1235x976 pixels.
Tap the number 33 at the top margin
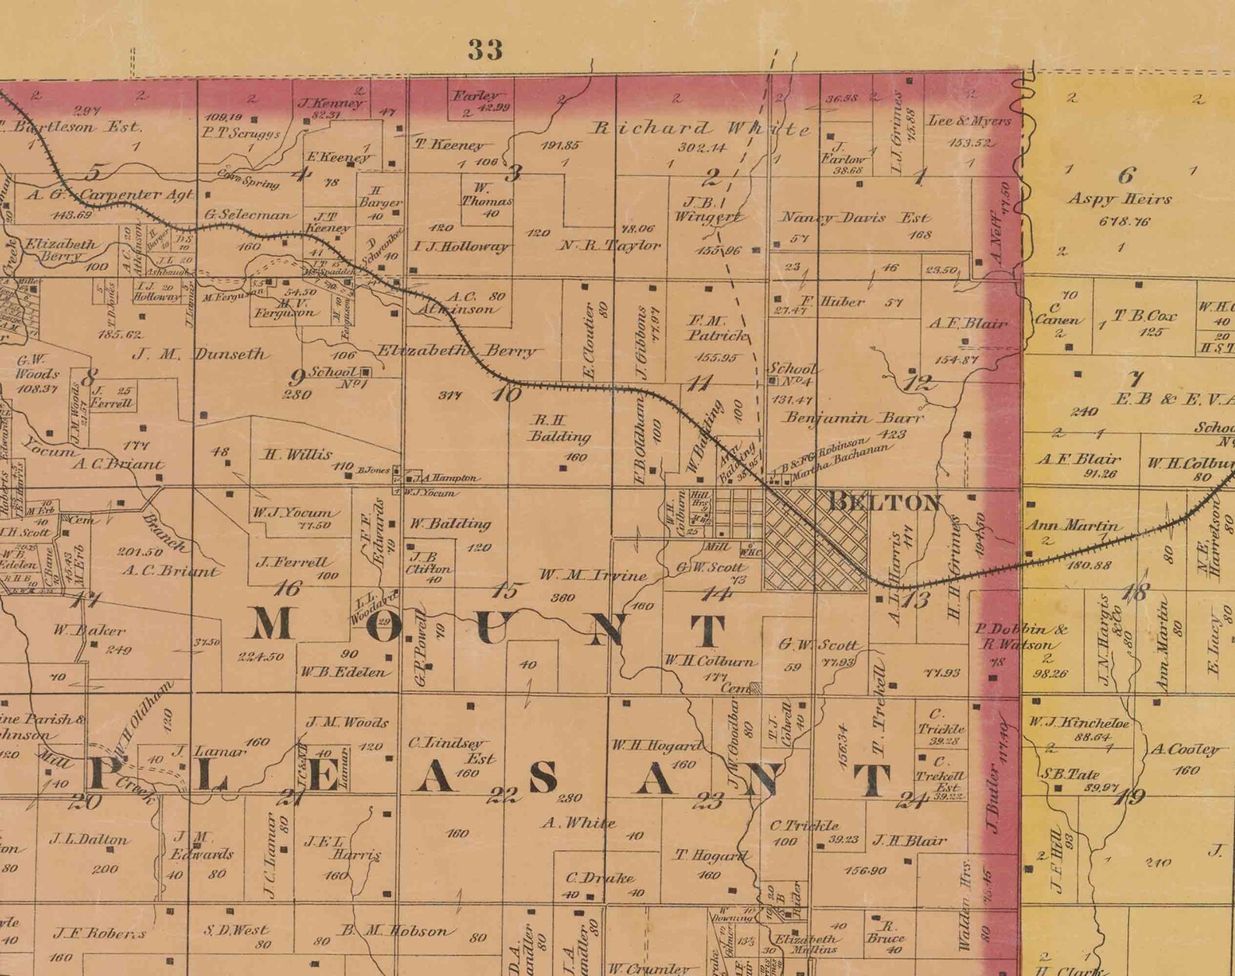pyautogui.click(x=485, y=50)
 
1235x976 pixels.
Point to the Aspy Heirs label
pyautogui.click(x=1119, y=199)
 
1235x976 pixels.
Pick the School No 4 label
pyautogui.click(x=792, y=374)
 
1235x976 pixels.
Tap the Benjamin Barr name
pyautogui.click(x=854, y=418)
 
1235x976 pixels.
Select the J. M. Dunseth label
pyautogui.click(x=201, y=355)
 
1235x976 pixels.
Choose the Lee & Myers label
pyautogui.click(x=969, y=121)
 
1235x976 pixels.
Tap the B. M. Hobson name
pyautogui.click(x=395, y=931)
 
